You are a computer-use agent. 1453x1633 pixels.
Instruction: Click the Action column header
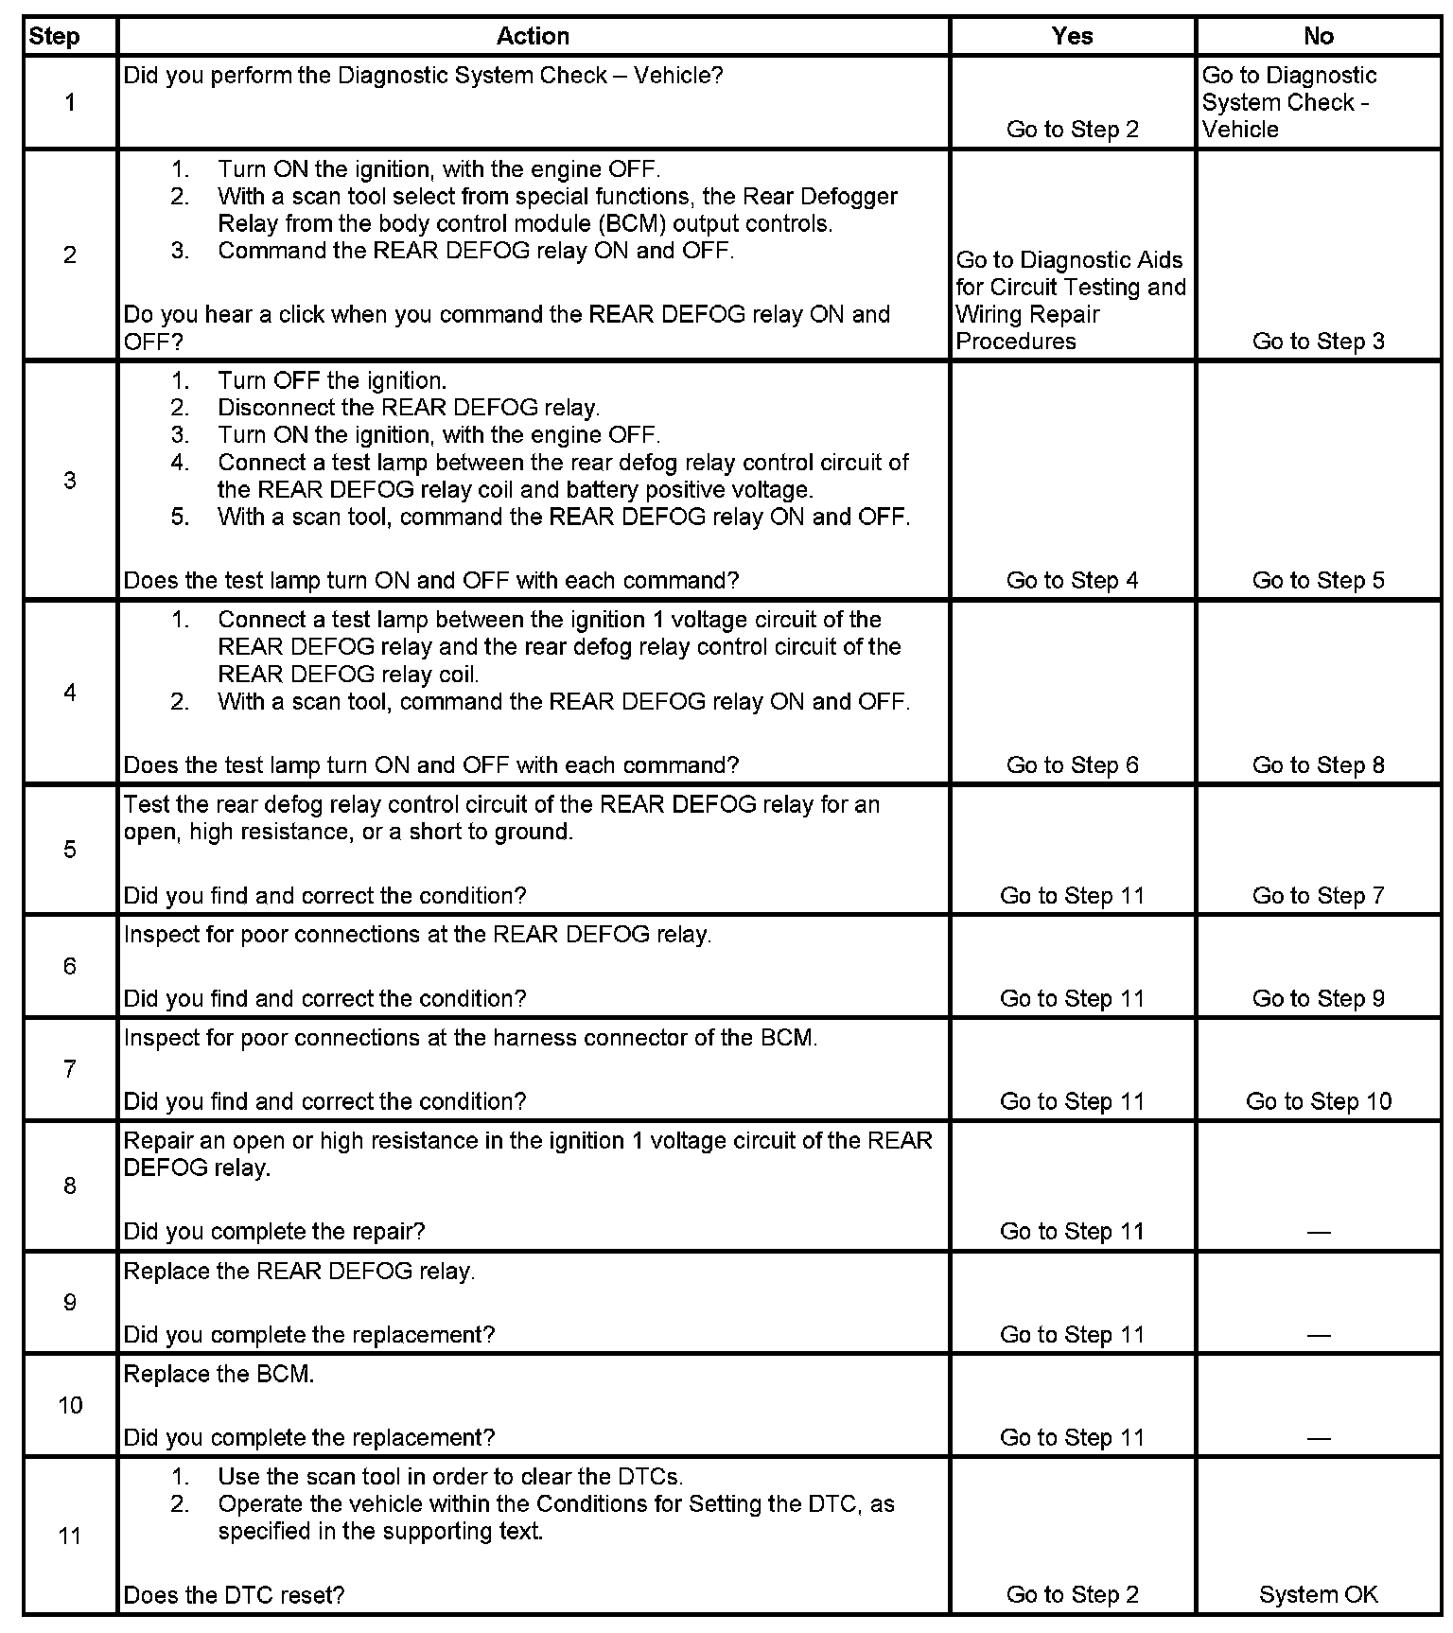(533, 36)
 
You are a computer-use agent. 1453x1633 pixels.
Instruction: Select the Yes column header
(1072, 36)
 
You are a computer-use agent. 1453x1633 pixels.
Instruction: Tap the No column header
(1318, 36)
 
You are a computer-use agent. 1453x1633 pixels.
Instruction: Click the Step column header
(55, 37)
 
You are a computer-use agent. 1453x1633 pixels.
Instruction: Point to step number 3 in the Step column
(70, 480)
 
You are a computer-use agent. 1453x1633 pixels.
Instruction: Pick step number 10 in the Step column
(70, 1405)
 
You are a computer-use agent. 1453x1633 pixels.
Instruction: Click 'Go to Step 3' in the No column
(1318, 341)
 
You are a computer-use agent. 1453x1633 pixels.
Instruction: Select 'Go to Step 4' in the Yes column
(1072, 580)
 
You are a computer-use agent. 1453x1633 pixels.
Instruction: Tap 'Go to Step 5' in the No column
(1318, 580)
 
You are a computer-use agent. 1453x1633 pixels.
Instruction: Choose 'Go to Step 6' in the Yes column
(1072, 764)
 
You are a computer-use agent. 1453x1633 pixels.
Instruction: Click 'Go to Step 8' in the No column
(1318, 764)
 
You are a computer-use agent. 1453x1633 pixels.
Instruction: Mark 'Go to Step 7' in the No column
(1318, 895)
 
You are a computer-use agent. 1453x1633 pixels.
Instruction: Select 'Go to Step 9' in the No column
(1318, 998)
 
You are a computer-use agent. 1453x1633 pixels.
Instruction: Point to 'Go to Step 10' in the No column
(1318, 1101)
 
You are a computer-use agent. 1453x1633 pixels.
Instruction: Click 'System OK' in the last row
(1318, 1594)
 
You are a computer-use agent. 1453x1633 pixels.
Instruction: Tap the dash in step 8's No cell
(1318, 1232)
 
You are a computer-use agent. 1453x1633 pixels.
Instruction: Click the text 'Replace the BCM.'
(219, 1374)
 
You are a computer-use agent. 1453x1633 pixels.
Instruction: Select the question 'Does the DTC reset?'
(234, 1595)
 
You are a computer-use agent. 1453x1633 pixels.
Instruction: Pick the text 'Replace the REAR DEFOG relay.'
(299, 1271)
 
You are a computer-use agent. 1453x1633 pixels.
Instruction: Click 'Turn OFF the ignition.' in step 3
(331, 380)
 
